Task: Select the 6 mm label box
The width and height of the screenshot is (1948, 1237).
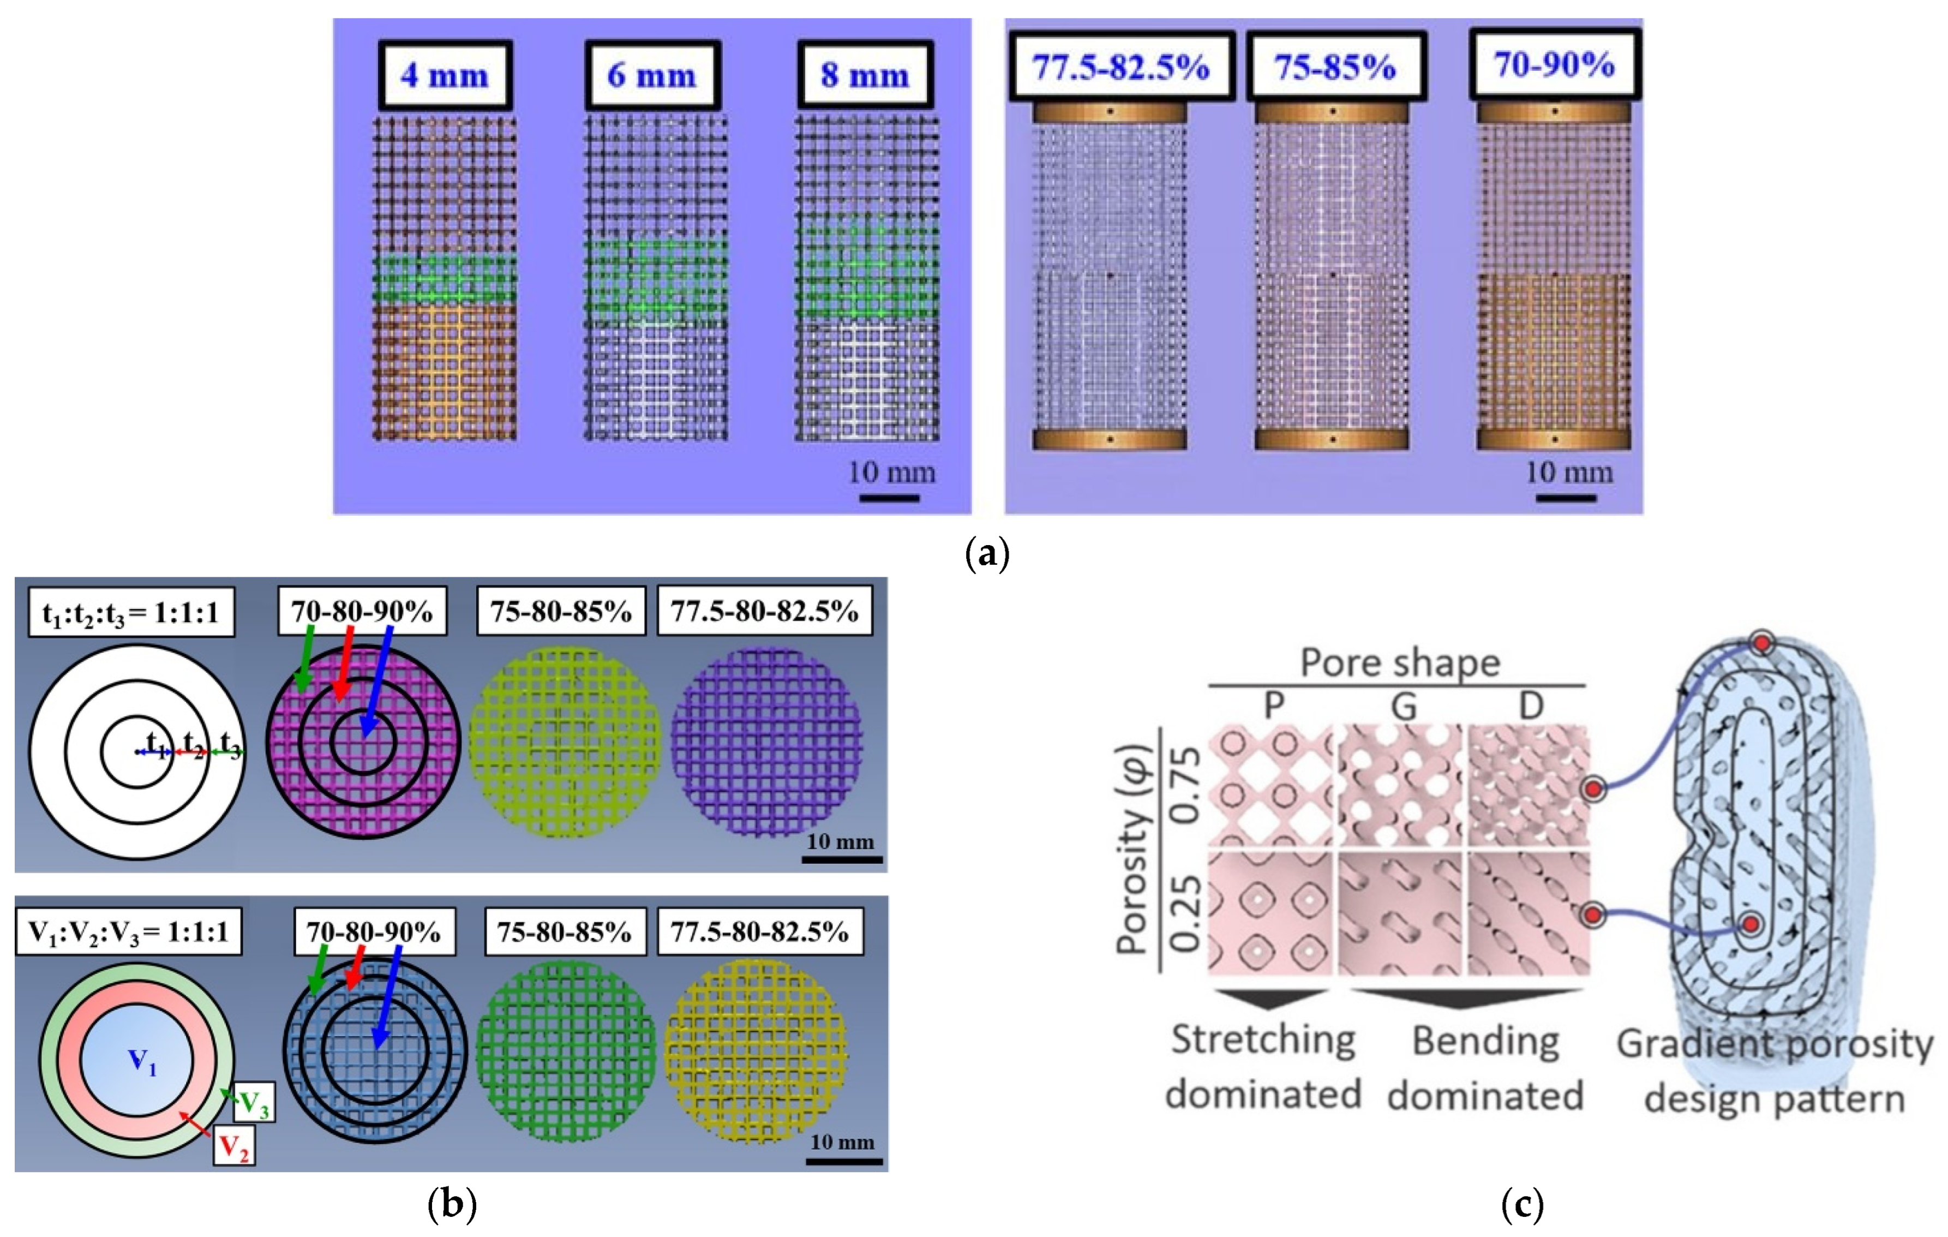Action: tap(652, 75)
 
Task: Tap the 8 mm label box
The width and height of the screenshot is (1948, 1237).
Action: tap(865, 75)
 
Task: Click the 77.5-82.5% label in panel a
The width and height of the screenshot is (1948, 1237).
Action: tap(1121, 67)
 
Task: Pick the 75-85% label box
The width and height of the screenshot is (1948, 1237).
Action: tap(1335, 67)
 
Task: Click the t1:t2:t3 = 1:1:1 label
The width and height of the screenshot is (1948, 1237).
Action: tap(130, 612)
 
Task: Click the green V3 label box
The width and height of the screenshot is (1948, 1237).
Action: tap(254, 1102)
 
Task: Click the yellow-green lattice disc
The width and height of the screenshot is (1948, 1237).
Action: tap(564, 740)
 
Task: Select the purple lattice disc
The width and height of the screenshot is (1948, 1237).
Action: tap(766, 740)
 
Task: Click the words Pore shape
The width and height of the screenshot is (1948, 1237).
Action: tap(1400, 664)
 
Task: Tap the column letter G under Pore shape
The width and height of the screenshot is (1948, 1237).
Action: tap(1404, 706)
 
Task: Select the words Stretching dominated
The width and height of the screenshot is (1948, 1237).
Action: tap(1263, 1066)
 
